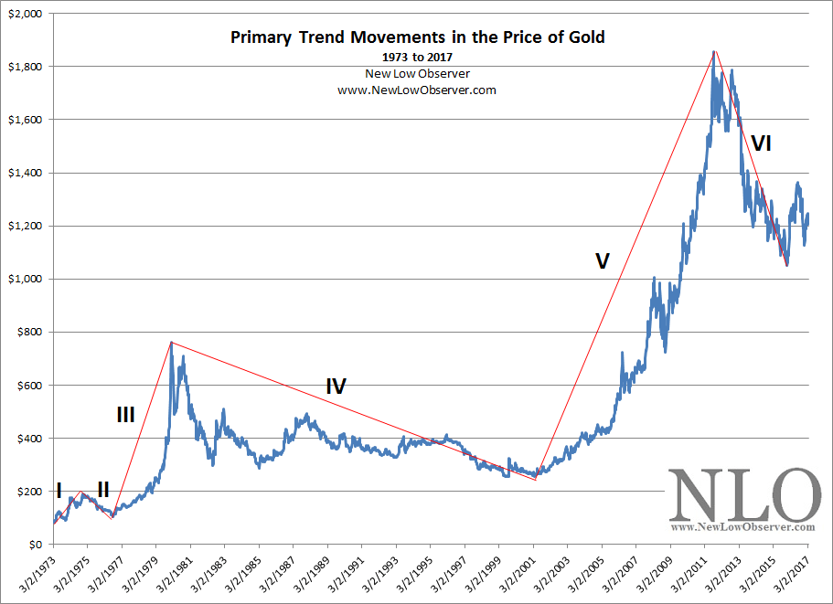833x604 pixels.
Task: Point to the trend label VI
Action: click(x=762, y=143)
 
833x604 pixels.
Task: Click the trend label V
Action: click(x=602, y=261)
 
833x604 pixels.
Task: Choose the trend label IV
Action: click(x=336, y=386)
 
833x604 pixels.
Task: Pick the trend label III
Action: click(x=125, y=415)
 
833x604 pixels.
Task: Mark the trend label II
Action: click(x=103, y=491)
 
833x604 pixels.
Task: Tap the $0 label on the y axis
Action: click(x=34, y=544)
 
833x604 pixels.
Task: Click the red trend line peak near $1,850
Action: click(x=715, y=51)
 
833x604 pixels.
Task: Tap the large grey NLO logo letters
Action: click(x=742, y=494)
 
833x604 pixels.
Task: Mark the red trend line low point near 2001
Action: click(x=536, y=479)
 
